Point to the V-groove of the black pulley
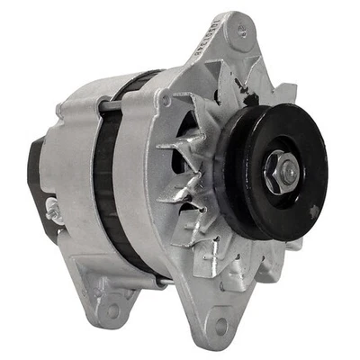point(236,162)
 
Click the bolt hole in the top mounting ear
point(240,33)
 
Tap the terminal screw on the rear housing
point(54,212)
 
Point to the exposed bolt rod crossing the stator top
point(112,106)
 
